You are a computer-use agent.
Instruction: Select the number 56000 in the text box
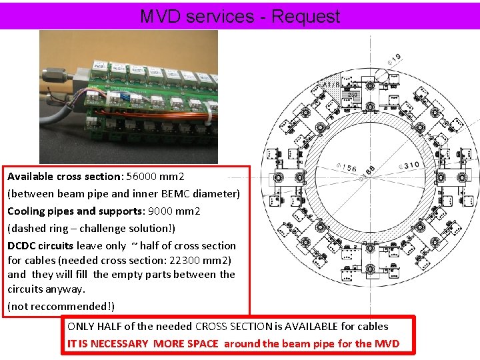click(x=145, y=177)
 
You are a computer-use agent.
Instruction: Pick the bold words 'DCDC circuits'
click(x=40, y=245)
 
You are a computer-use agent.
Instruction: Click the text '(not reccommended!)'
click(x=61, y=306)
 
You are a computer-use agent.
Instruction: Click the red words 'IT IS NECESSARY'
click(x=109, y=343)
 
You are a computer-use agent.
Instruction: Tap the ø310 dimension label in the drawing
click(x=407, y=164)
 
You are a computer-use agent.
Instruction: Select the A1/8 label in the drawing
click(x=331, y=85)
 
